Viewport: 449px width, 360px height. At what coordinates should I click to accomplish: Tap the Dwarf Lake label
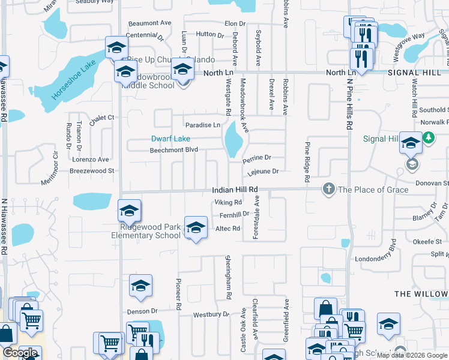171,139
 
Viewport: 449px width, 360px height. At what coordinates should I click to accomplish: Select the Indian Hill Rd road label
235,190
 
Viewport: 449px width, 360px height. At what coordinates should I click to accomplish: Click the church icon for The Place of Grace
328,189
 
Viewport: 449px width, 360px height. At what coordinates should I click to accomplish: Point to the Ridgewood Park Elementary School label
145,232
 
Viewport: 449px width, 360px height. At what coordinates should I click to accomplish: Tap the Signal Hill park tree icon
428,139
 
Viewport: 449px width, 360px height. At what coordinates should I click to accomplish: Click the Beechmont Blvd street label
173,150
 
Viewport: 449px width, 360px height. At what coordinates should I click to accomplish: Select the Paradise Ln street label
202,125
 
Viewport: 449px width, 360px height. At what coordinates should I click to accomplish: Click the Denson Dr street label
142,311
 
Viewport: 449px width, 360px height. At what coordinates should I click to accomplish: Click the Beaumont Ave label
149,23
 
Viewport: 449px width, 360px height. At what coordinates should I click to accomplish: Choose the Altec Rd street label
228,229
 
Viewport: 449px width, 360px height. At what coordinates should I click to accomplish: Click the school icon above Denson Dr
140,286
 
